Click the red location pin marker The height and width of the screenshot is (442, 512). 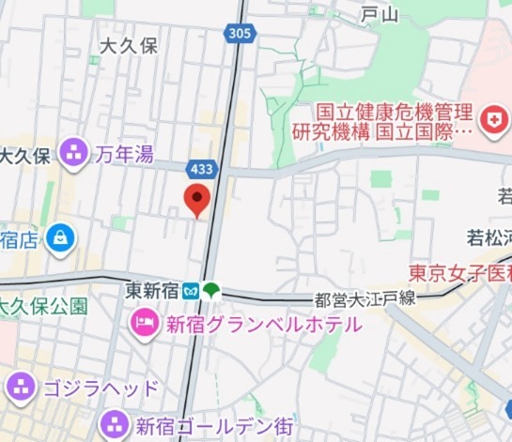[x=196, y=198]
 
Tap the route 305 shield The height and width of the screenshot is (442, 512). [x=240, y=34]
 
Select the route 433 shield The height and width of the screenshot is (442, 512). [x=203, y=170]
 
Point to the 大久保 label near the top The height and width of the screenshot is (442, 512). [x=129, y=45]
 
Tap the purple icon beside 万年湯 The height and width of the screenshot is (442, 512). [x=73, y=149]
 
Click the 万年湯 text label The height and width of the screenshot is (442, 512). [x=124, y=154]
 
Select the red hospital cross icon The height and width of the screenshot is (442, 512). [x=490, y=119]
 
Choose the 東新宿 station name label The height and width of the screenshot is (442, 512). [x=152, y=292]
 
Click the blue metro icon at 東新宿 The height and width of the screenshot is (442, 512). [x=192, y=291]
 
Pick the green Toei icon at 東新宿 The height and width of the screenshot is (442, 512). [x=212, y=291]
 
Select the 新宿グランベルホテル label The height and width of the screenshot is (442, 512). [x=263, y=326]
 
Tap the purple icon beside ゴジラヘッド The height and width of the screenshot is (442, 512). [x=21, y=386]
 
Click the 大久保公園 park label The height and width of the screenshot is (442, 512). [x=41, y=305]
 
